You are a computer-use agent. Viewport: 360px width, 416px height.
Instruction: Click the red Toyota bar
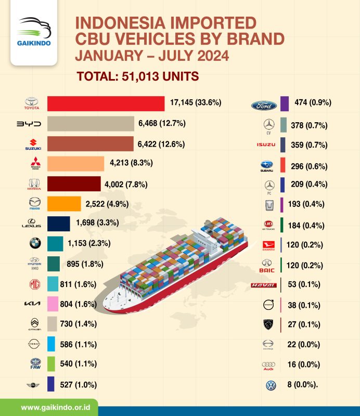[106, 103]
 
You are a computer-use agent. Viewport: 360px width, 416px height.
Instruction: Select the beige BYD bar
[91, 123]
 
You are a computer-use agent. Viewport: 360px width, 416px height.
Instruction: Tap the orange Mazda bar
[64, 203]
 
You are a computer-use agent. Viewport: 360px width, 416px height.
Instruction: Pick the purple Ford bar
[284, 103]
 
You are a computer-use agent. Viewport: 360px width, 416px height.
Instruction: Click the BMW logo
[35, 243]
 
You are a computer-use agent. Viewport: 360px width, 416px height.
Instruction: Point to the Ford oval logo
[264, 105]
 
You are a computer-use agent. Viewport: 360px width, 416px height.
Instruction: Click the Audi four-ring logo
[267, 366]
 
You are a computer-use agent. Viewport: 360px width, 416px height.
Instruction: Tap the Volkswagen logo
[271, 385]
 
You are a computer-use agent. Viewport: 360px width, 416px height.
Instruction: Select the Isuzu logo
[266, 144]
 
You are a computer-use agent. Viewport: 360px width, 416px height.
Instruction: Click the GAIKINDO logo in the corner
[34, 33]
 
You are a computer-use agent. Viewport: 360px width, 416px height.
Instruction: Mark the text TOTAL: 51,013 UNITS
[138, 76]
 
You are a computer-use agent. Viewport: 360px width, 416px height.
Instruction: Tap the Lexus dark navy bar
[58, 224]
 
